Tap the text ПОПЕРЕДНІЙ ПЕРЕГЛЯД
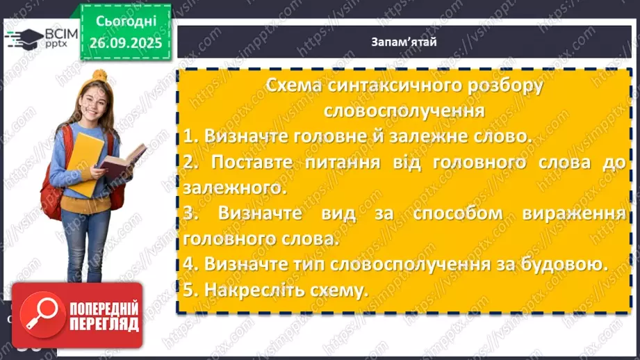click(x=102, y=316)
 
